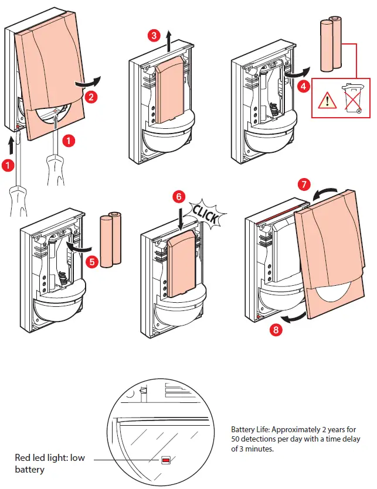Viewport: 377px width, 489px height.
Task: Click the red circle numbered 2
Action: point(90,97)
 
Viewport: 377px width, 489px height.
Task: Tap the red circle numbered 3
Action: point(154,36)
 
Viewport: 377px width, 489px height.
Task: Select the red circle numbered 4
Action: point(304,86)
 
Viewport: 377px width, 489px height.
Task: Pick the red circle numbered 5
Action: point(92,261)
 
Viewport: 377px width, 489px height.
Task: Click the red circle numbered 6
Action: point(179,197)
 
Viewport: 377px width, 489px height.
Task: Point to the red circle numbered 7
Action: point(304,184)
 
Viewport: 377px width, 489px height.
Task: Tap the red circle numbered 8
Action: point(276,330)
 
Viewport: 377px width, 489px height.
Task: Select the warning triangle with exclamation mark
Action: point(327,100)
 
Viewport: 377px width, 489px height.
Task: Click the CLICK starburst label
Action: point(206,214)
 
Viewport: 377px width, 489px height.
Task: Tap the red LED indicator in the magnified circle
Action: point(166,460)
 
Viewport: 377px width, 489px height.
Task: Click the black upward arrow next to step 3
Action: point(169,41)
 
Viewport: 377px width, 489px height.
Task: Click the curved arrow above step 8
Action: point(294,318)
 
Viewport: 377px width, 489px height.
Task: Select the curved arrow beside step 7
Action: point(324,193)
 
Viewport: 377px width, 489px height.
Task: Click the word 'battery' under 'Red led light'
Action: point(30,470)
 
